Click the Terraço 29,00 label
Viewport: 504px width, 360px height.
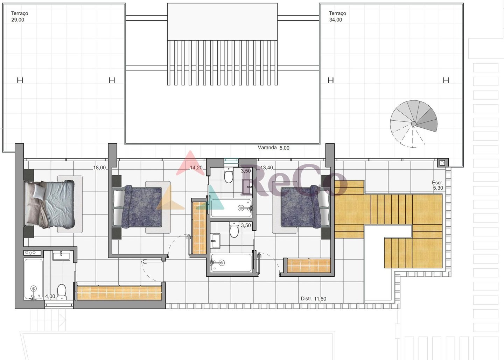[20, 16]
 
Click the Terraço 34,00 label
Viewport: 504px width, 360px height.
[337, 16]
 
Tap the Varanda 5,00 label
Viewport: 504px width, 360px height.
[274, 148]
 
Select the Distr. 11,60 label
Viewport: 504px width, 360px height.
[314, 299]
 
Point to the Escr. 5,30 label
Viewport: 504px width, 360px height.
[437, 185]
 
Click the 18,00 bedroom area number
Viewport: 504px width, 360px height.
[99, 168]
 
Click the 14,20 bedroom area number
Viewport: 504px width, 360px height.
[196, 168]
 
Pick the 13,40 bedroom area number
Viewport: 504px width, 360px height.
[267, 168]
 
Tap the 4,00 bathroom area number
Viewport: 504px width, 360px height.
[50, 296]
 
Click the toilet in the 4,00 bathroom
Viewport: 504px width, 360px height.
[62, 292]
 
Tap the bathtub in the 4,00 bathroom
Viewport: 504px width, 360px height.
[33, 279]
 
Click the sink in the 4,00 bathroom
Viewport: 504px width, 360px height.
[61, 256]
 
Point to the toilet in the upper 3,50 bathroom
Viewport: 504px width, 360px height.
[229, 175]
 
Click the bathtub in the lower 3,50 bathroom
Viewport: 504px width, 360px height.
[231, 262]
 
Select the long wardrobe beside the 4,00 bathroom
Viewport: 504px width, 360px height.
[119, 293]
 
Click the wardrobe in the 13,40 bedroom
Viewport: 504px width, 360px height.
[309, 266]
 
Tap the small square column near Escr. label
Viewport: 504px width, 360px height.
[442, 163]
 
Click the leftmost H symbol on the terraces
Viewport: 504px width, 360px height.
[20, 80]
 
